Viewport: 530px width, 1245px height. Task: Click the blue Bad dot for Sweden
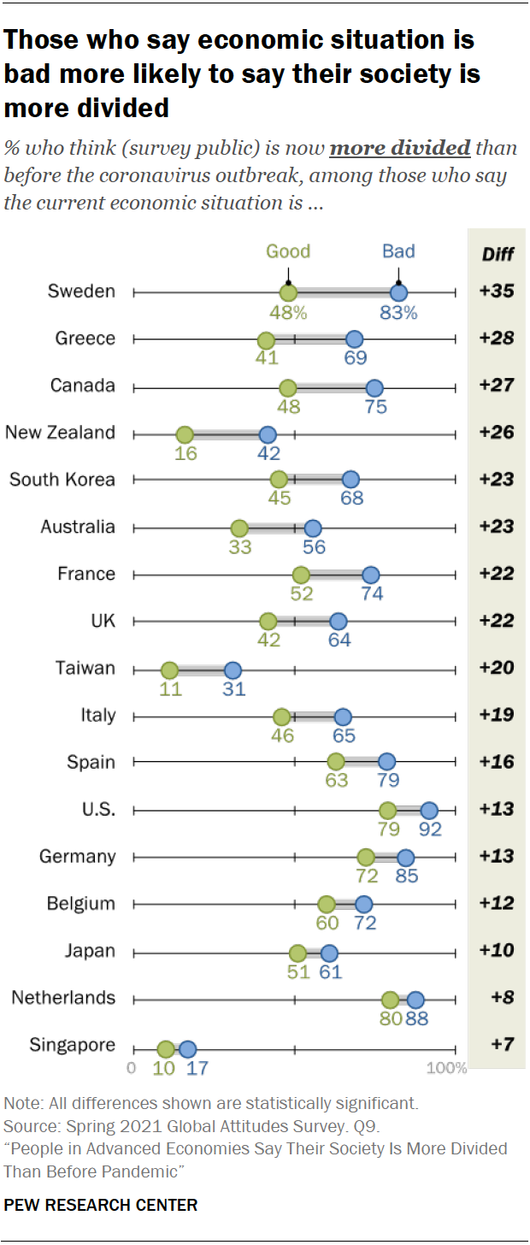398,292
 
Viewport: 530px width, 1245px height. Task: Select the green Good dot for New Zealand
185,434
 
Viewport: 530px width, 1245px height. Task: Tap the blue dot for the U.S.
429,811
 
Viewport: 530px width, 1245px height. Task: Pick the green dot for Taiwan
169,670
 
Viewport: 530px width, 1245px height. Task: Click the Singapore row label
72,1045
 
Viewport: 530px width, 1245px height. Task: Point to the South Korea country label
62,480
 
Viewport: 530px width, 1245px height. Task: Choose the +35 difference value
497,292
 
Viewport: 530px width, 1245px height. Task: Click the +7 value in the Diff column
501,1045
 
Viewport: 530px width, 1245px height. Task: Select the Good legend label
288,251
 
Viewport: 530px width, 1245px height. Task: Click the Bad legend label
398,251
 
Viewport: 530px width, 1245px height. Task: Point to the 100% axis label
446,1068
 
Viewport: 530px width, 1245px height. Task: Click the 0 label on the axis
132,1068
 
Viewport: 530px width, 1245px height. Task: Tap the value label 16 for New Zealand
185,453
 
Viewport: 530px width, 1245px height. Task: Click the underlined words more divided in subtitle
400,148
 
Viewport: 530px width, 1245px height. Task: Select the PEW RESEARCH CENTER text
101,1205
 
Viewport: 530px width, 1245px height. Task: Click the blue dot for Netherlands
415,1000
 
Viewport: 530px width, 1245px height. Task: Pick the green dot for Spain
336,764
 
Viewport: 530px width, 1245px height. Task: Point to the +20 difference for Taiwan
497,668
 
